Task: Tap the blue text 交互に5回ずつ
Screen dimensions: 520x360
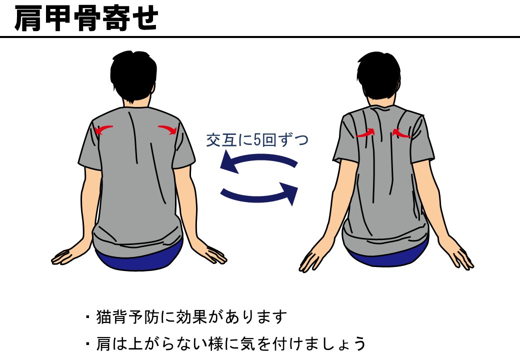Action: click(x=257, y=140)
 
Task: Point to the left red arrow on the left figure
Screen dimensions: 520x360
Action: click(x=103, y=129)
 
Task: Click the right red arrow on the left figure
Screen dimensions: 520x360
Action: click(x=167, y=129)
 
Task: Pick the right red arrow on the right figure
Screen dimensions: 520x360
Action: click(x=401, y=133)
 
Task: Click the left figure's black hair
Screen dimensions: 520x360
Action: click(x=133, y=75)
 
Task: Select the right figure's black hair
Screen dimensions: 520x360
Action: click(x=378, y=75)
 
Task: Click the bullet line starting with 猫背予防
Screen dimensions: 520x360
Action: click(x=186, y=317)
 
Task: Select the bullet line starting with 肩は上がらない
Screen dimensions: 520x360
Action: click(x=225, y=343)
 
